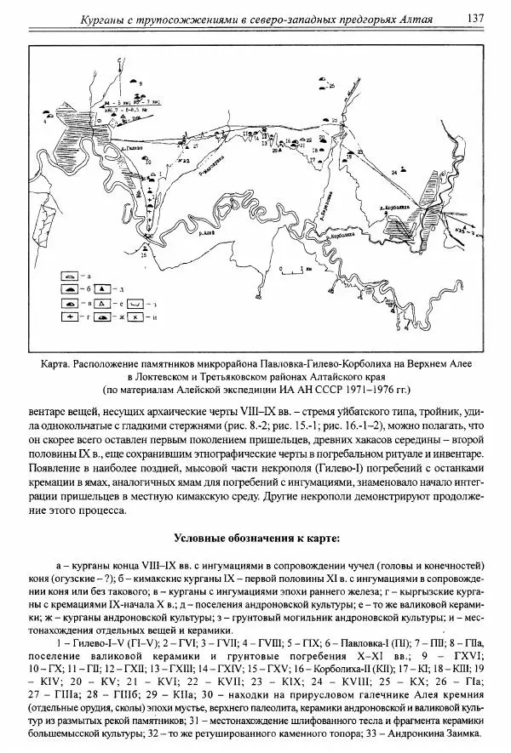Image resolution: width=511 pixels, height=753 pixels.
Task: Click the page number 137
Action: click(476, 18)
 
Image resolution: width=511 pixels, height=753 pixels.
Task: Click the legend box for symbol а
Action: click(70, 277)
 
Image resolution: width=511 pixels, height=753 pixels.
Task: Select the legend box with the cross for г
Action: click(70, 317)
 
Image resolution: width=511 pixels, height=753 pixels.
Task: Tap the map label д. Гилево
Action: click(131, 149)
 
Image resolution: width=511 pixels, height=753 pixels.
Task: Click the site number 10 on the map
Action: click(147, 162)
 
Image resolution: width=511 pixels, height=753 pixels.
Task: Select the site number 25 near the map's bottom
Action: click(144, 254)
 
